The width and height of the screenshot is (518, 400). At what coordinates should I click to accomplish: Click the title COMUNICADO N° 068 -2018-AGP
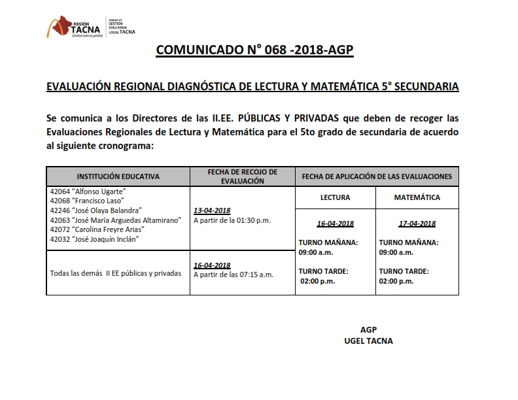(254, 51)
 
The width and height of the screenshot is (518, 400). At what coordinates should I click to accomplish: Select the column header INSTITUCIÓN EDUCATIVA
(118, 177)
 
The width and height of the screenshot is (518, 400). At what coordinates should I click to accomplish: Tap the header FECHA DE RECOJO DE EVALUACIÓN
(242, 176)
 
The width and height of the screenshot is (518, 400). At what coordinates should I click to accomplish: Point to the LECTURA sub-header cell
(335, 197)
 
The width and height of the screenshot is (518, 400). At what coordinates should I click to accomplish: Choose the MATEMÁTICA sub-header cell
(417, 197)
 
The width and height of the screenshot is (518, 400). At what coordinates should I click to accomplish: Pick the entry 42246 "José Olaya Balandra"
(95, 210)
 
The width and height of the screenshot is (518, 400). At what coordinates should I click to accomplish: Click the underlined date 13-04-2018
(213, 211)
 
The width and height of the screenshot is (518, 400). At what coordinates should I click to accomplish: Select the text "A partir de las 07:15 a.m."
(233, 275)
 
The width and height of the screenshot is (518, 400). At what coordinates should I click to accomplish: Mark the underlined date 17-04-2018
(417, 224)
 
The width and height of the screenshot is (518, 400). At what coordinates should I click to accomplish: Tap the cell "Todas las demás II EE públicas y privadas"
(115, 273)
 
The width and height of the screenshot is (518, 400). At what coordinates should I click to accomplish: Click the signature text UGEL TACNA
(368, 341)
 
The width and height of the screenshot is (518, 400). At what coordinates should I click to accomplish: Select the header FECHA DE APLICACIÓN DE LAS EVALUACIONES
(376, 177)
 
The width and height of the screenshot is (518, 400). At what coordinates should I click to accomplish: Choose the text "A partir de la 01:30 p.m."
(232, 221)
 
